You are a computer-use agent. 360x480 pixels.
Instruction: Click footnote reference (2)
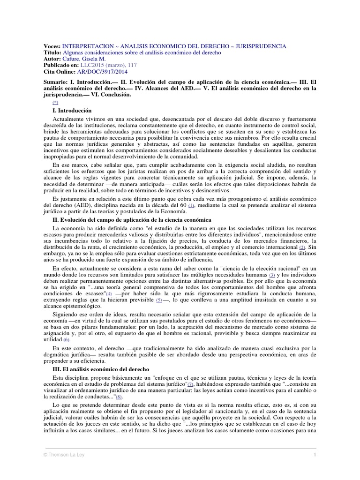click(302, 247)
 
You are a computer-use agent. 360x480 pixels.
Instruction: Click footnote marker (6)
click(66, 339)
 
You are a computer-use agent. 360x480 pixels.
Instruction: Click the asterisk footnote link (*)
click(56, 102)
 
